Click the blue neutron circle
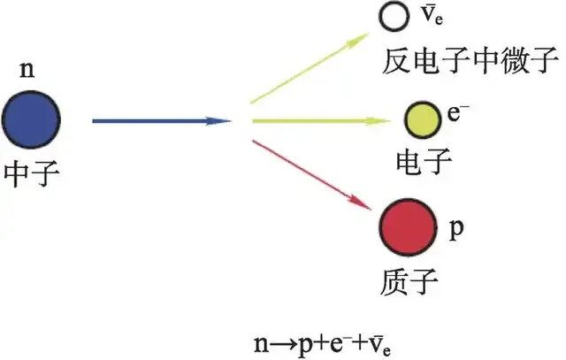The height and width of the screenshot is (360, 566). pyautogui.click(x=32, y=119)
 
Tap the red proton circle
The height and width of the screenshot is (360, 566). pyautogui.click(x=409, y=226)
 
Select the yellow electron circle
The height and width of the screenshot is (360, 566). pyautogui.click(x=423, y=120)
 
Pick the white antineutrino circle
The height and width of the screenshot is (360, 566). pyautogui.click(x=394, y=16)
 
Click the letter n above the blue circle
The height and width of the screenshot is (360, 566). pyautogui.click(x=27, y=70)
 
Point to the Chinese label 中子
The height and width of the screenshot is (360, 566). pyautogui.click(x=32, y=174)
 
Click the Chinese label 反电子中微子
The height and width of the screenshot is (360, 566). pyautogui.click(x=470, y=60)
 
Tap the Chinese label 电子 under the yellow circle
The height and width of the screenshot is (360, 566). pyautogui.click(x=424, y=161)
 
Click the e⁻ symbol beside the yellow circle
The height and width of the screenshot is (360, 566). pyautogui.click(x=458, y=112)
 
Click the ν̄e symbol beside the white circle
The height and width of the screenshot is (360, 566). pyautogui.click(x=432, y=15)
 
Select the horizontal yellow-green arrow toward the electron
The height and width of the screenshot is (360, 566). pyautogui.click(x=321, y=121)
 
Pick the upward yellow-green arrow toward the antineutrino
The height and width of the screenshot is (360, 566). pyautogui.click(x=310, y=68)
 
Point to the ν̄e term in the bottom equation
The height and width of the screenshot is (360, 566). pyautogui.click(x=380, y=346)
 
